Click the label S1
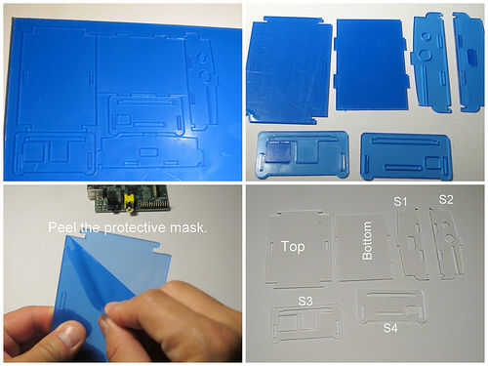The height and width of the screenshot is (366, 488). click(x=400, y=201)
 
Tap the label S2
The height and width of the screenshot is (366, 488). click(x=446, y=199)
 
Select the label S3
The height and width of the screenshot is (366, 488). click(x=305, y=301)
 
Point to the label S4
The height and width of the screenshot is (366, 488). click(x=390, y=328)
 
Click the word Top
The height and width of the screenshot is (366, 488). click(x=293, y=247)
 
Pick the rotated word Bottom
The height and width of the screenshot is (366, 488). click(x=367, y=240)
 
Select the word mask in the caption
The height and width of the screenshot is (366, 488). click(x=186, y=227)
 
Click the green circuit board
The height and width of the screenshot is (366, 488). click(x=129, y=199)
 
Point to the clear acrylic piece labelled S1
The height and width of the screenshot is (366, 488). click(x=411, y=243)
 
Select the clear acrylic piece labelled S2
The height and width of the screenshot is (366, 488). click(x=447, y=242)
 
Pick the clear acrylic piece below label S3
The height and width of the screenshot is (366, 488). click(x=305, y=324)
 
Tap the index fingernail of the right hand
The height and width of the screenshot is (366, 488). click(x=104, y=323)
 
